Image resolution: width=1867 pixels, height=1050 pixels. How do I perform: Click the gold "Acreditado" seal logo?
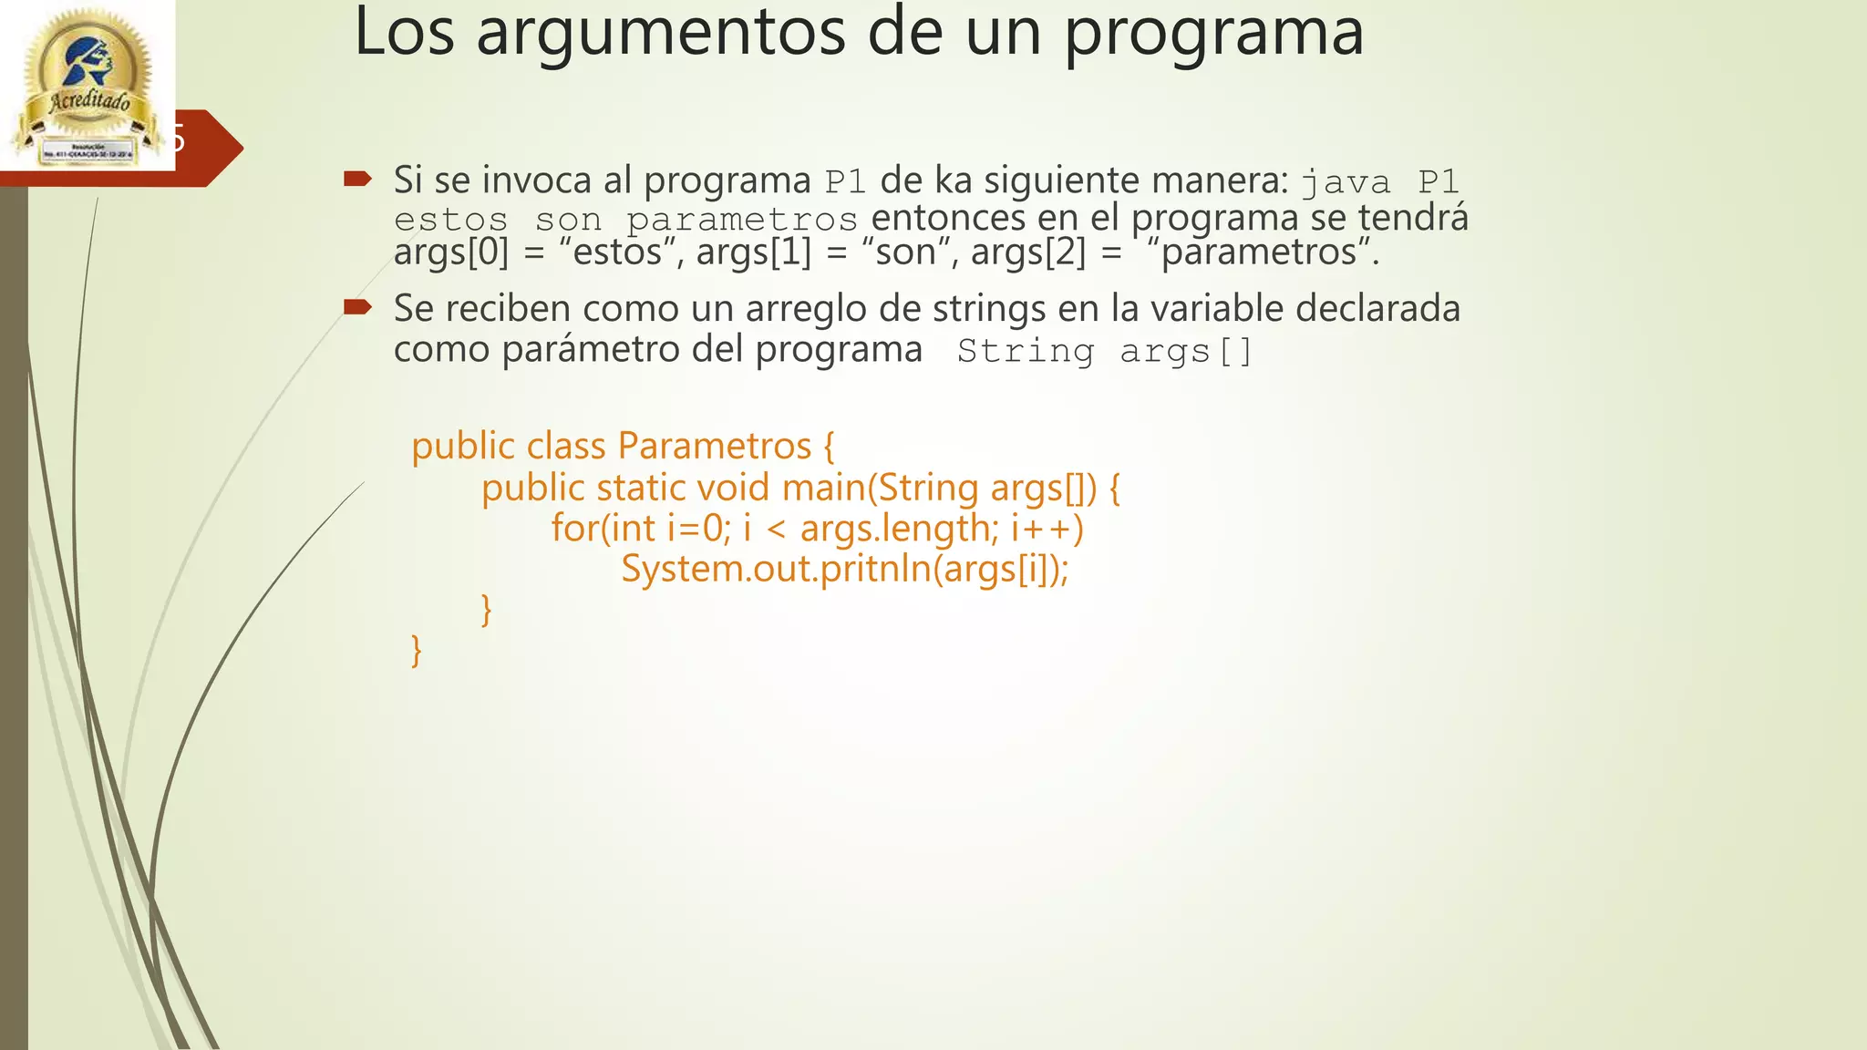(87, 87)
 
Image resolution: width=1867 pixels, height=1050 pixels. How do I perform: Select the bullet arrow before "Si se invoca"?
(357, 178)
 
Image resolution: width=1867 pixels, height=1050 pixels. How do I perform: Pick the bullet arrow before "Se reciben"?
(357, 306)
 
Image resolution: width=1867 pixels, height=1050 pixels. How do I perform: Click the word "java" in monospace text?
(1346, 182)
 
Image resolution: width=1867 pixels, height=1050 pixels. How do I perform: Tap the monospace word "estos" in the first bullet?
(450, 221)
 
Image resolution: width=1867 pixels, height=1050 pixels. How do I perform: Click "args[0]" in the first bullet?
(451, 252)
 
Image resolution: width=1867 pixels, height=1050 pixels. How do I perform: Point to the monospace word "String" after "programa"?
(1026, 352)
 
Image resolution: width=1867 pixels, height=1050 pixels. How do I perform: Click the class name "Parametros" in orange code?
(714, 447)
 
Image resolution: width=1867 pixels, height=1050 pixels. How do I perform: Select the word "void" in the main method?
(733, 489)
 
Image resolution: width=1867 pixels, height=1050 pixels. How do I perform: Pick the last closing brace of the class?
(417, 650)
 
